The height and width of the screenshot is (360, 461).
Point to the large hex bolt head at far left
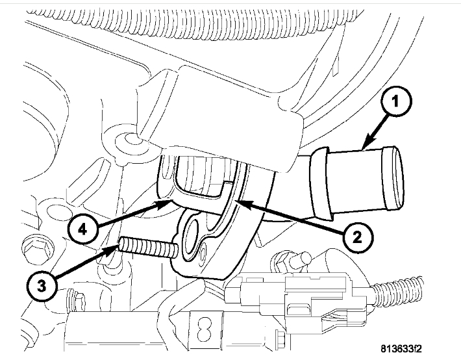(31, 247)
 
